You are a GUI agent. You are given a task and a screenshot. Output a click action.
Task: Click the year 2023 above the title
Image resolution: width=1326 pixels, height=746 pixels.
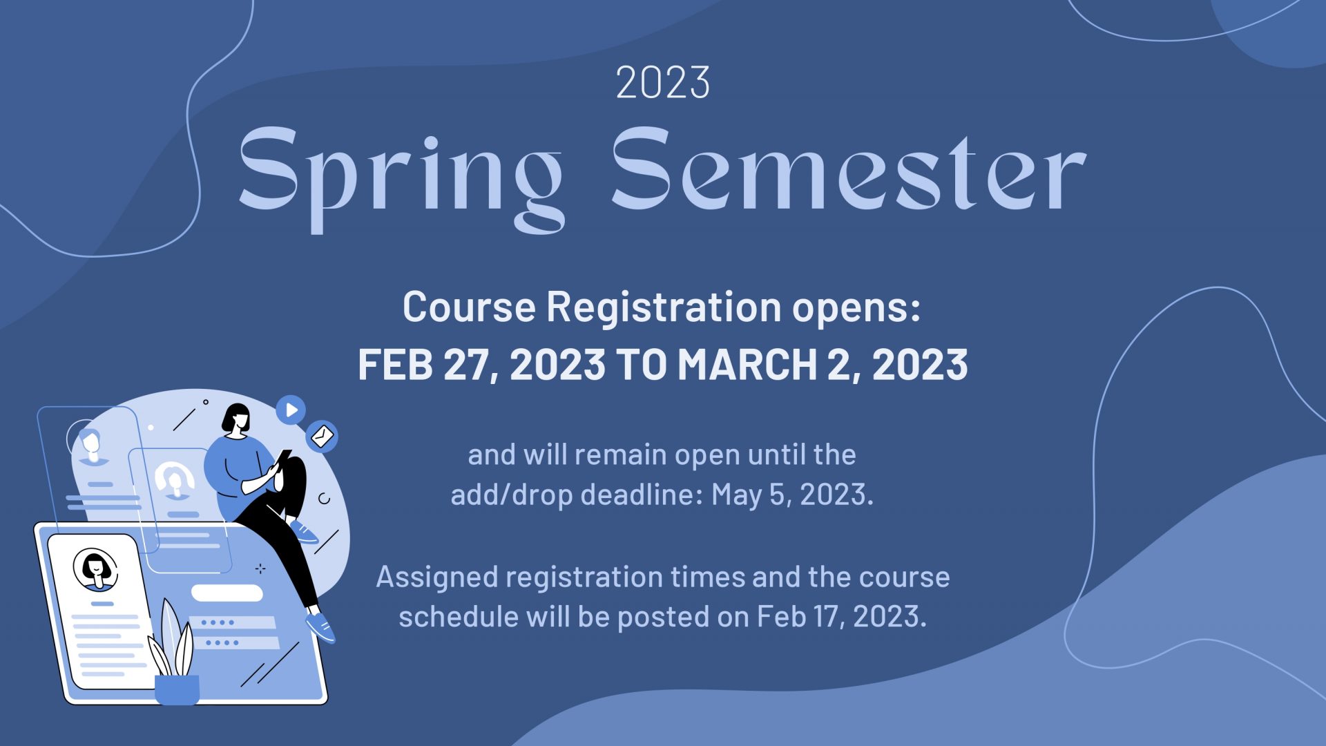(663, 83)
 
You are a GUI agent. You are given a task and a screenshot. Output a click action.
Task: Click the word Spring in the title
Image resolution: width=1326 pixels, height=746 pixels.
(401, 178)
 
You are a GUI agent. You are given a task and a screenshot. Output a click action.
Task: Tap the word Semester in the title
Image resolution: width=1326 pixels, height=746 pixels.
(849, 169)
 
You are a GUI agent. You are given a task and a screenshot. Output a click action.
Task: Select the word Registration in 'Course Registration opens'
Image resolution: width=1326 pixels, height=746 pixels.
(664, 307)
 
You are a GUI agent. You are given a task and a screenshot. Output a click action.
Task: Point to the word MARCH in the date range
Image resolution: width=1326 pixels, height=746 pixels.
(748, 365)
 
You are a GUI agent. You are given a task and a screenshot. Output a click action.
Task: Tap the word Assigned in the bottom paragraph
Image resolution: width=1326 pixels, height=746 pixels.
(437, 577)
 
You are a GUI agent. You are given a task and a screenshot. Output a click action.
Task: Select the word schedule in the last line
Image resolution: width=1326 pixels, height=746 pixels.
(459, 616)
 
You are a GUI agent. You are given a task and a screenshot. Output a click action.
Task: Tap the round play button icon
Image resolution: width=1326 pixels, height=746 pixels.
(291, 410)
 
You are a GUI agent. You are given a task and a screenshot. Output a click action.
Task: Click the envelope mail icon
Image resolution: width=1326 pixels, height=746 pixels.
(322, 436)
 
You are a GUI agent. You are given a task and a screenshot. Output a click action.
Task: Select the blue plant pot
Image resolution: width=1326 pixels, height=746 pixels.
(177, 689)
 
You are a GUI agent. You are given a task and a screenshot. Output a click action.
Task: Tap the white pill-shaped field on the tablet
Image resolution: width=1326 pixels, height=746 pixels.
(227, 593)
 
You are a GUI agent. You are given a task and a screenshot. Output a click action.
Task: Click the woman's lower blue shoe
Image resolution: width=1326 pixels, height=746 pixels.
(320, 627)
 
